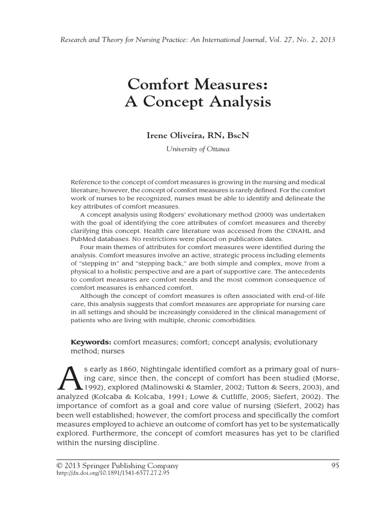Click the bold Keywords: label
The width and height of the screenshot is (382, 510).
pos(91,343)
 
